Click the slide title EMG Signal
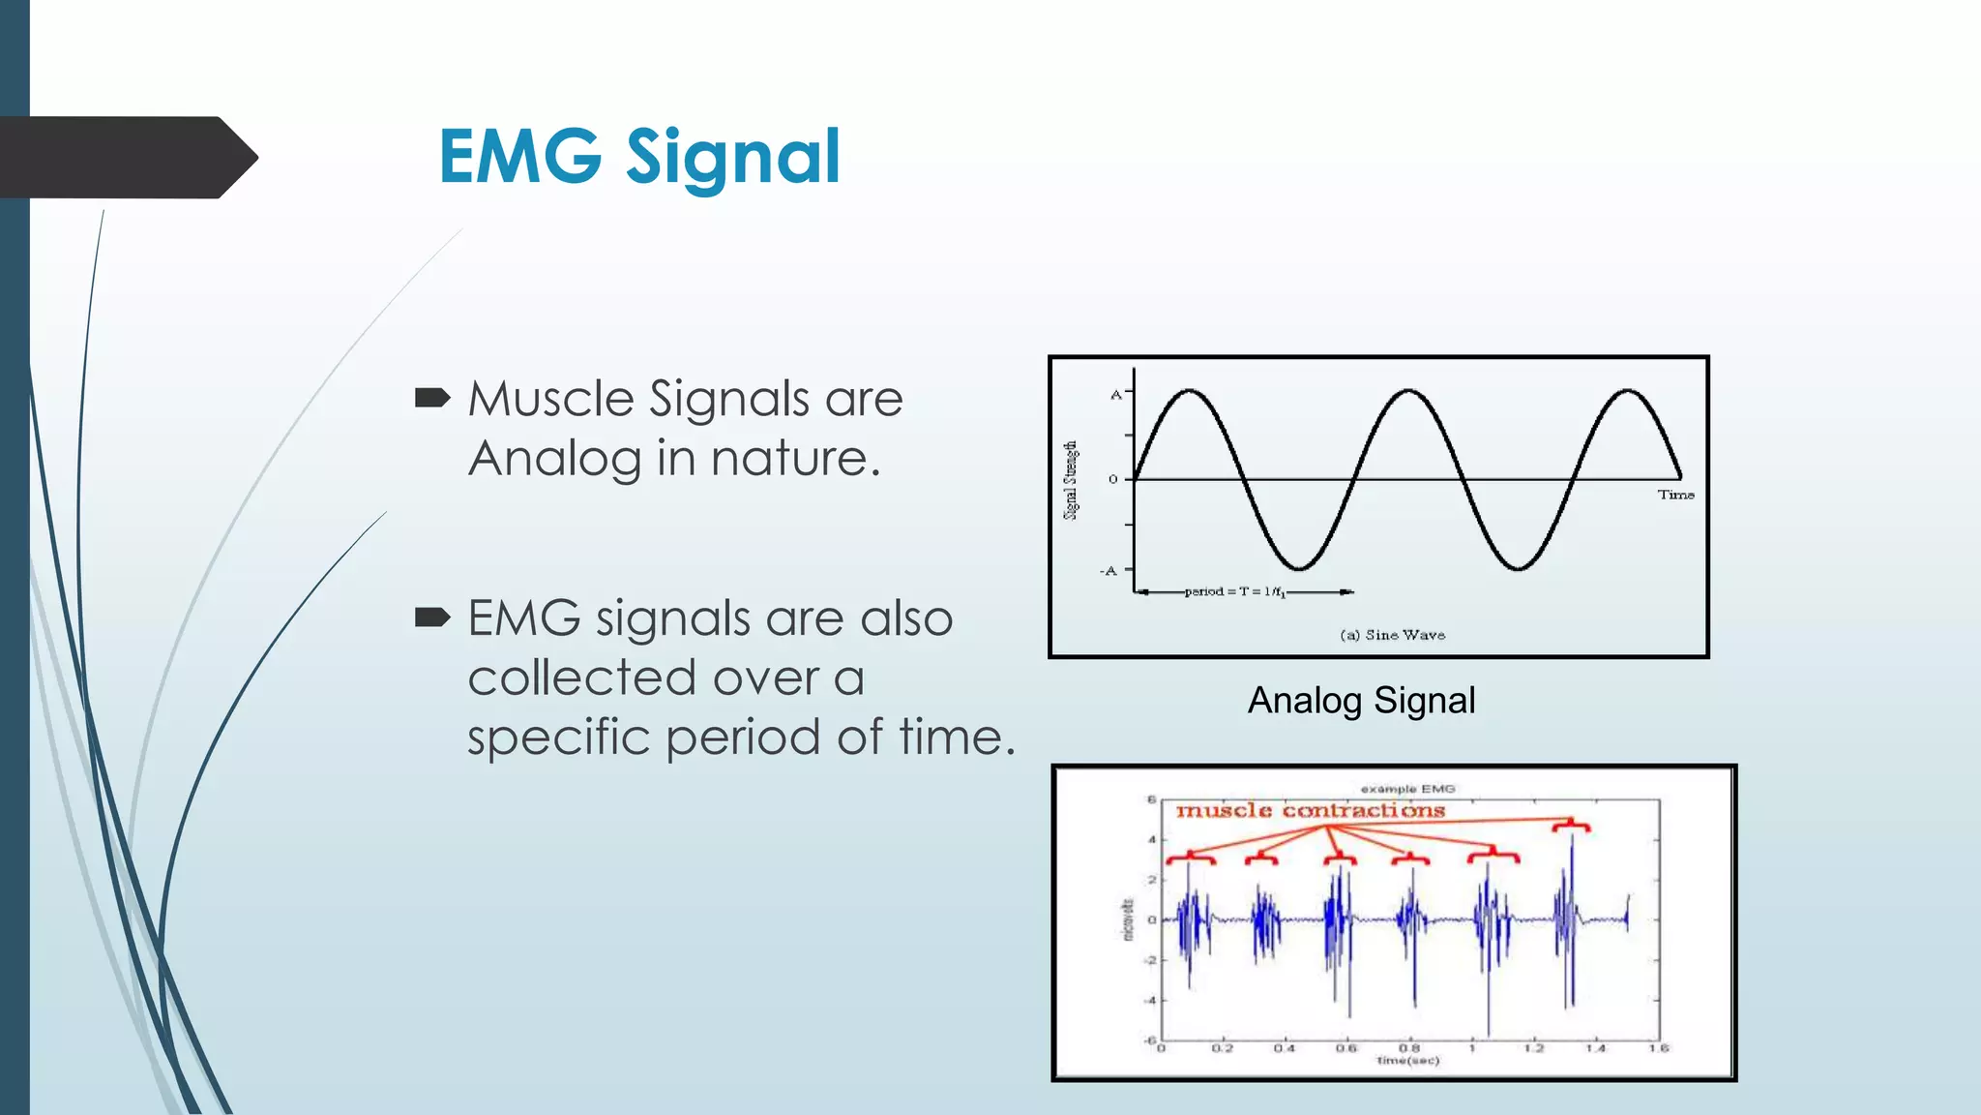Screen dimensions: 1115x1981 pyautogui.click(x=639, y=157)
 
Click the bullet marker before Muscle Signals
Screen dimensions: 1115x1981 pyautogui.click(x=431, y=398)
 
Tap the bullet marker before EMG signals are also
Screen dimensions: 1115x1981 pyautogui.click(x=431, y=618)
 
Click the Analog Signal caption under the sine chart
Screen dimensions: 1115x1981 pyautogui.click(x=1361, y=700)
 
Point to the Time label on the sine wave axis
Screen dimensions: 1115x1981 pyautogui.click(x=1675, y=495)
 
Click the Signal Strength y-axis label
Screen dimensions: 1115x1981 pyautogui.click(x=1071, y=480)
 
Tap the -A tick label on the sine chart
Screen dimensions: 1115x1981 pyautogui.click(x=1109, y=571)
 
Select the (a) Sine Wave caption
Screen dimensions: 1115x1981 pyautogui.click(x=1392, y=635)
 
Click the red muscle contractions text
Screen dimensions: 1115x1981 pyautogui.click(x=1310, y=810)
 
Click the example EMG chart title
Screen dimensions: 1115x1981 pyautogui.click(x=1407, y=789)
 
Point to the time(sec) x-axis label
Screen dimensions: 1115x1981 pyautogui.click(x=1407, y=1061)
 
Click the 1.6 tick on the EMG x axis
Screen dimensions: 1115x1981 pyautogui.click(x=1658, y=1048)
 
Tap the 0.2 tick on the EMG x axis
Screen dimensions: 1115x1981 pyautogui.click(x=1223, y=1048)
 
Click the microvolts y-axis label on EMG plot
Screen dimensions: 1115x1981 pyautogui.click(x=1127, y=919)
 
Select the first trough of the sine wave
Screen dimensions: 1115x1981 pyautogui.click(x=1299, y=568)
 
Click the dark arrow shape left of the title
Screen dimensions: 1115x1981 pyautogui.click(x=126, y=157)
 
